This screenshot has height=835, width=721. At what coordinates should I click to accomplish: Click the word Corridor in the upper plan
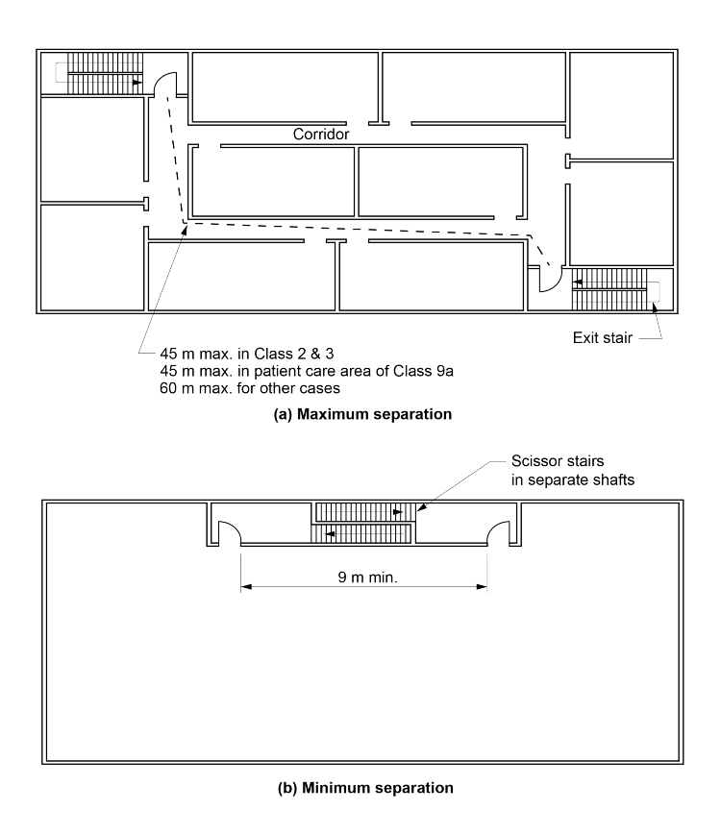(320, 135)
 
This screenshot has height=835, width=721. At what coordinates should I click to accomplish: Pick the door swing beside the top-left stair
(164, 84)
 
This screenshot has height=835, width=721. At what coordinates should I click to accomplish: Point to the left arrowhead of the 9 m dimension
(244, 588)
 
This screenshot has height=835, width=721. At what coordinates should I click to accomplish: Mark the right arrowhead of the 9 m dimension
(485, 588)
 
